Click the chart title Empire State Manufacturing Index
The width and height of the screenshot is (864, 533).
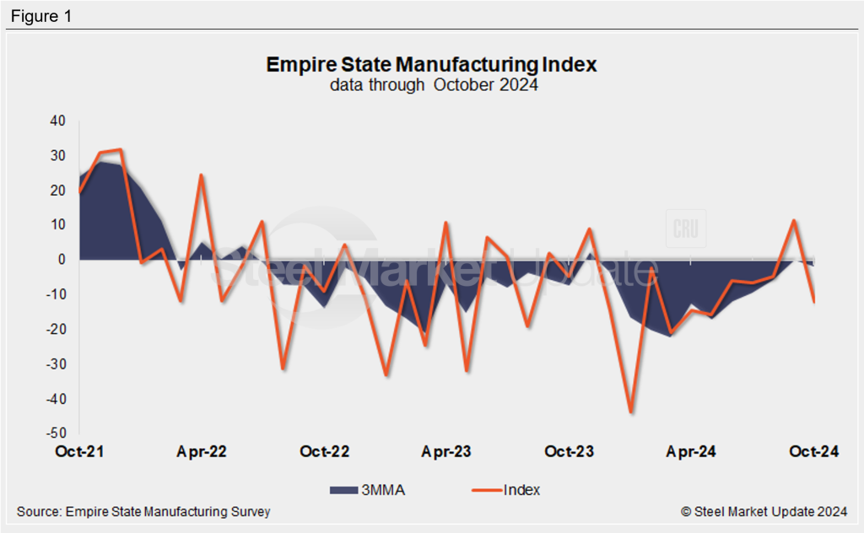coord(431,64)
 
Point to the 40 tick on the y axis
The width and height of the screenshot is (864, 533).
coord(57,121)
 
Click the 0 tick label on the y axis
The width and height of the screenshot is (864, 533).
coord(62,260)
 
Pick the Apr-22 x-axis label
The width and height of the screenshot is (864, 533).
coord(202,452)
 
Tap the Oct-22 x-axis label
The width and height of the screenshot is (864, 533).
coord(325,452)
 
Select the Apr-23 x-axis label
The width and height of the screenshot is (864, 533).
coord(446,452)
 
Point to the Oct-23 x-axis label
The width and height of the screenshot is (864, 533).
coord(569,452)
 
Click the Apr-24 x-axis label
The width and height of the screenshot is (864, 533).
coord(691,452)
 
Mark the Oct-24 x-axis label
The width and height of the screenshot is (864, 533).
coord(813,452)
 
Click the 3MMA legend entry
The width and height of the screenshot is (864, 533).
coord(366,489)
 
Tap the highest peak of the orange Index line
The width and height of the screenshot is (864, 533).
coord(121,150)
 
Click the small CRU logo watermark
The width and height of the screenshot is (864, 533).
coord(685,229)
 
